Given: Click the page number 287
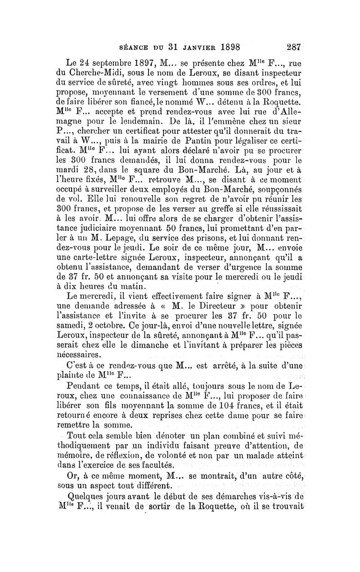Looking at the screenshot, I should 296,46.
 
